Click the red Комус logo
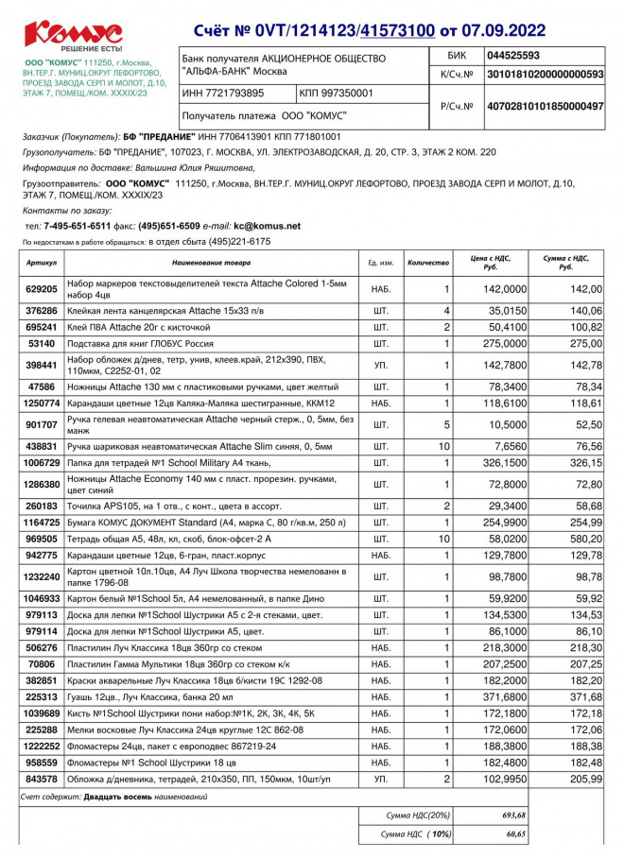click(x=73, y=34)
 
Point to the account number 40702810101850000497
click(x=544, y=107)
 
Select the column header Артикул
click(x=42, y=261)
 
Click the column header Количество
click(x=427, y=261)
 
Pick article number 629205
click(x=42, y=289)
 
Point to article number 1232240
click(x=42, y=576)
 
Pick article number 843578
click(x=42, y=779)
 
